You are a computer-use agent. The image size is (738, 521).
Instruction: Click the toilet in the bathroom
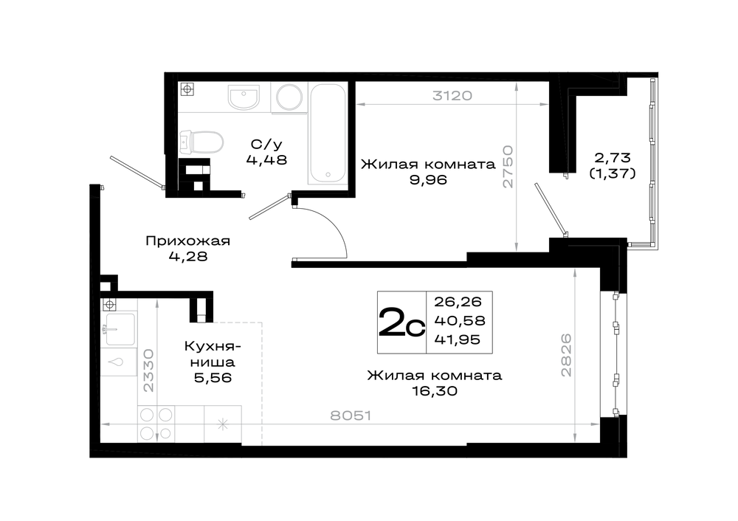(201, 142)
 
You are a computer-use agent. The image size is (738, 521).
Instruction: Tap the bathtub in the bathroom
(328, 134)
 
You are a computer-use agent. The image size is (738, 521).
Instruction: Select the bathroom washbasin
(244, 97)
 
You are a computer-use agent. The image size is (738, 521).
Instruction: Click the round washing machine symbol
(289, 97)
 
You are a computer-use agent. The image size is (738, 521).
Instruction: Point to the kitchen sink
(120, 328)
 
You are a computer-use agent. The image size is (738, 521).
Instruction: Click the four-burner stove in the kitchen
(156, 424)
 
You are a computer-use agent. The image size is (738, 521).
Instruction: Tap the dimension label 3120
(452, 95)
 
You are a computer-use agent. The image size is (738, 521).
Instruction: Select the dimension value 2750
(508, 167)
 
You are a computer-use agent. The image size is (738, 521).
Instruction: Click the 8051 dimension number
(351, 415)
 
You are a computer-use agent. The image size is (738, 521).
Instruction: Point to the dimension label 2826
(566, 355)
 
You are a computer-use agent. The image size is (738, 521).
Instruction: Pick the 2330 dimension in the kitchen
(148, 370)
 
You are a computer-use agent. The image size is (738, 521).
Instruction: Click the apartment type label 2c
(401, 322)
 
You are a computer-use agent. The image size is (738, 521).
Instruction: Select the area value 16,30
(435, 390)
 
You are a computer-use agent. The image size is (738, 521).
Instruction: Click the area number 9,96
(428, 179)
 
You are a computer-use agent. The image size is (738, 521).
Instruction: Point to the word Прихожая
(187, 241)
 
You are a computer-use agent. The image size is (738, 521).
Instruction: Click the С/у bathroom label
(266, 144)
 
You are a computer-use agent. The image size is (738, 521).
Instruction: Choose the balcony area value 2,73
(613, 157)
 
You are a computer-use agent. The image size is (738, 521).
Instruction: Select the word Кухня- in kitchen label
(213, 346)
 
